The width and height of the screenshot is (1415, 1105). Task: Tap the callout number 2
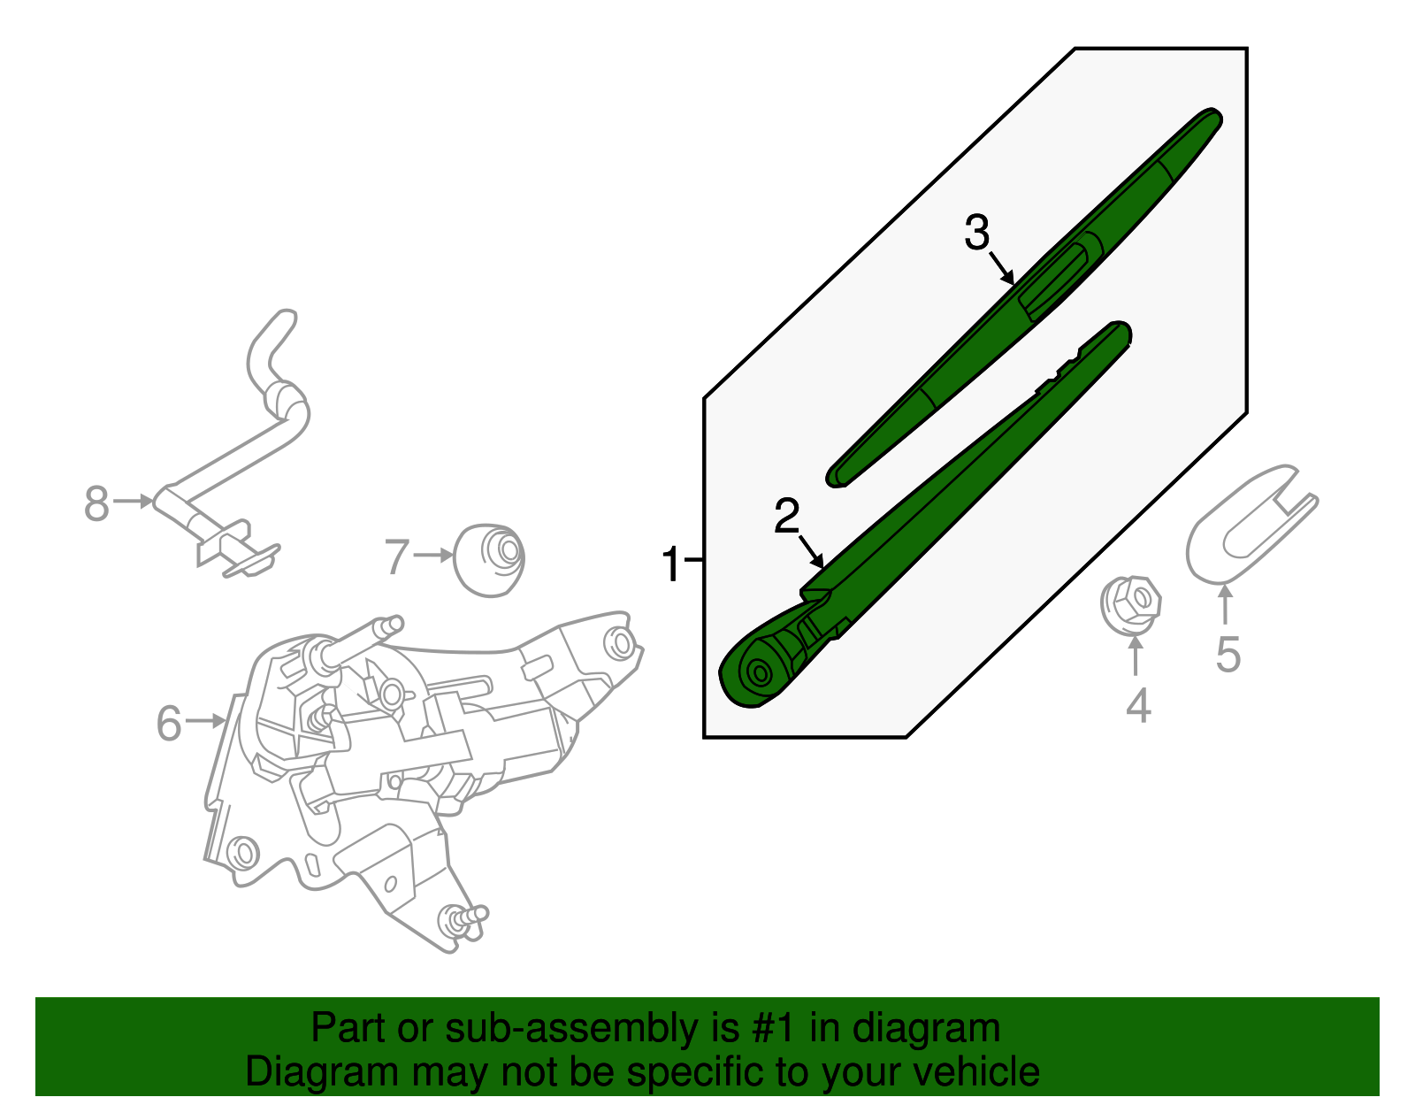click(786, 516)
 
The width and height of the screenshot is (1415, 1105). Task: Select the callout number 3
click(976, 233)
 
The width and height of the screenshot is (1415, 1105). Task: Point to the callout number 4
click(1137, 705)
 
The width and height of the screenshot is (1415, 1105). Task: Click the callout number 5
click(1228, 654)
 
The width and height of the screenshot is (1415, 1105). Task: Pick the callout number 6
click(169, 723)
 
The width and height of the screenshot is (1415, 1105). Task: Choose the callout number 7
click(396, 556)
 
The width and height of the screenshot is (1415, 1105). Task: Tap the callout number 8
click(96, 503)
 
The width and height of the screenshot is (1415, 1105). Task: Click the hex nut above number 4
click(1130, 604)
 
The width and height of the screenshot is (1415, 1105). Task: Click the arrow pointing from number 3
click(1002, 268)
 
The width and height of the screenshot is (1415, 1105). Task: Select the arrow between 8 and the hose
click(134, 501)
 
